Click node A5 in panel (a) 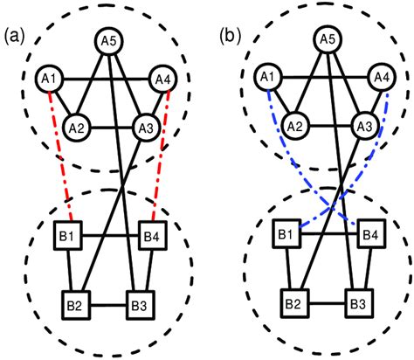[x=108, y=39]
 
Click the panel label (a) [x=17, y=36]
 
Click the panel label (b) [x=231, y=36]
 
